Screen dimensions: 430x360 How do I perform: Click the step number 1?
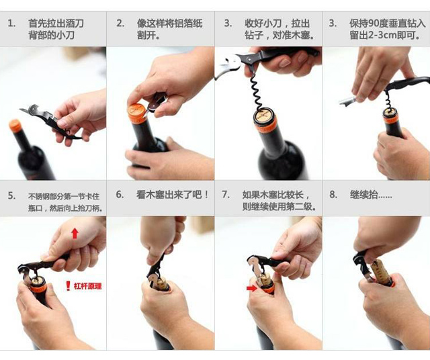point(11,24)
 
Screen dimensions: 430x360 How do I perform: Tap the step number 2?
point(120,24)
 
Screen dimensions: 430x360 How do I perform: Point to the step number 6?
point(120,194)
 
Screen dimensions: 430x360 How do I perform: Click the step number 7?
point(226,194)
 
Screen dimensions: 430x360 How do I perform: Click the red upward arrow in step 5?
point(75,234)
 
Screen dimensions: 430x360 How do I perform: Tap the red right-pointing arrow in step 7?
point(251,288)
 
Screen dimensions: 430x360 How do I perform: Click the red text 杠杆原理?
point(87,286)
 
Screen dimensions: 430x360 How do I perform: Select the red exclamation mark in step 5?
point(68,285)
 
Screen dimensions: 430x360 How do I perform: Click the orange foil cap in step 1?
point(15,126)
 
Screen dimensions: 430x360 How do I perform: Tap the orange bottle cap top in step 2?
point(137,109)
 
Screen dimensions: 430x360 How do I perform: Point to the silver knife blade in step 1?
point(26,111)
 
